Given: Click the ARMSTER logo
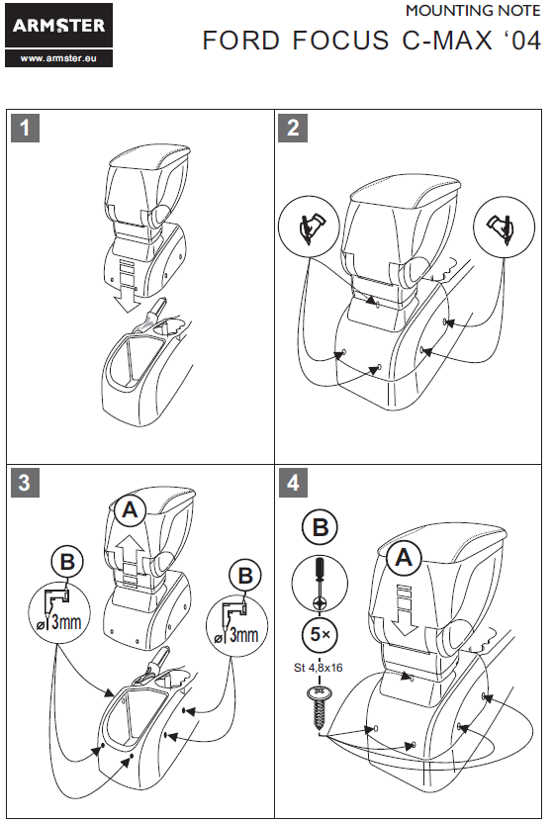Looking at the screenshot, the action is [58, 25].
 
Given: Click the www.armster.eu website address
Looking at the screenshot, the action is [58, 58].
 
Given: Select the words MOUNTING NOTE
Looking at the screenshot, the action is [473, 11].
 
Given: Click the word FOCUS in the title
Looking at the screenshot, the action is [340, 41].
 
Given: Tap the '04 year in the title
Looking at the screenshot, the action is [518, 41].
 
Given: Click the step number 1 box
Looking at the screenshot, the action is [25, 128].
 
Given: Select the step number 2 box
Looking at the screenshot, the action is [293, 128].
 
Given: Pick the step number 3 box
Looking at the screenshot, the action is [25, 483].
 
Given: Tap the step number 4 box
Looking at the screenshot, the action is [293, 483].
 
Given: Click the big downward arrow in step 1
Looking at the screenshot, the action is [127, 286].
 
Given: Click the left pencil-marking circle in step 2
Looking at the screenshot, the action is [309, 227].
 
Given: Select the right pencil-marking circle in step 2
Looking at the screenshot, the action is [505, 228].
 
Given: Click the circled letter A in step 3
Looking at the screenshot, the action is [130, 510].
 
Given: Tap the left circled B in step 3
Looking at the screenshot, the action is [67, 562].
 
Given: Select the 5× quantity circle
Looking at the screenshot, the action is [320, 635].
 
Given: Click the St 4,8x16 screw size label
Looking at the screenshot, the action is [319, 668].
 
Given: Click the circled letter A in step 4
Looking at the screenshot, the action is [404, 558].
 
